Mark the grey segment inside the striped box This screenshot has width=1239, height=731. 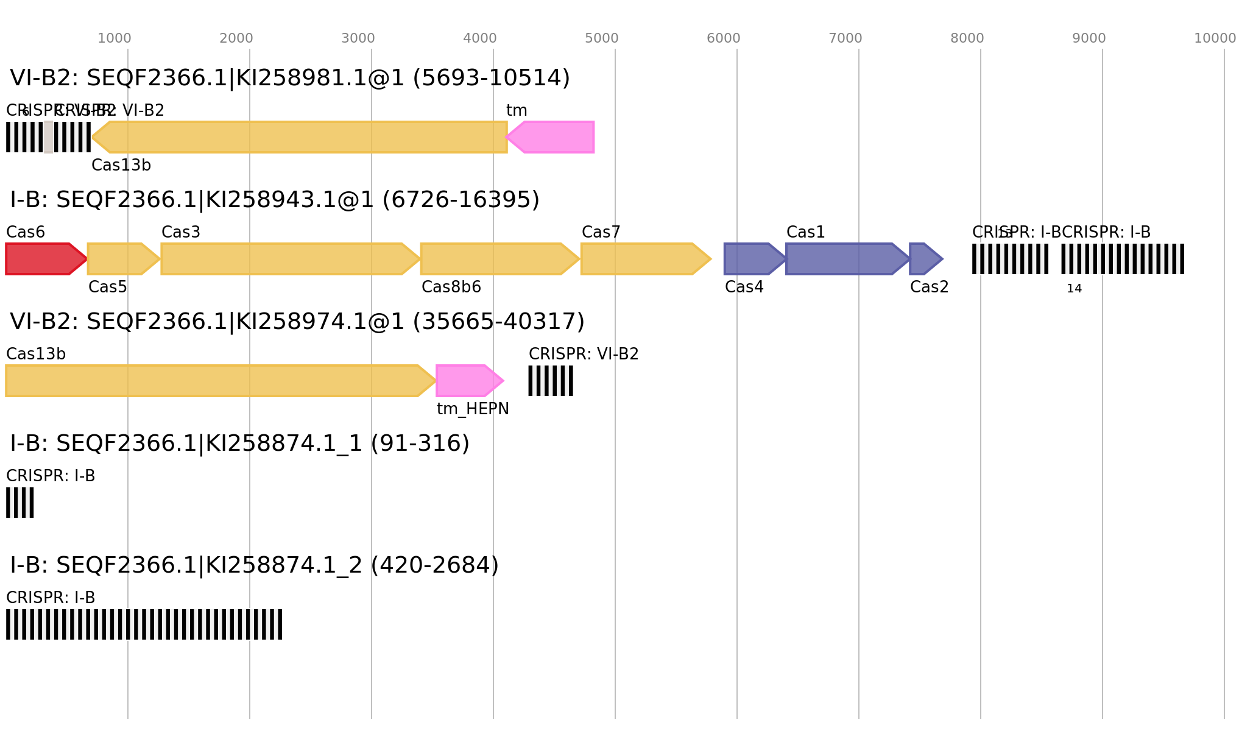(x=48, y=137)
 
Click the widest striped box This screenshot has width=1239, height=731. (x=144, y=624)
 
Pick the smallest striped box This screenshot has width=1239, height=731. (x=20, y=503)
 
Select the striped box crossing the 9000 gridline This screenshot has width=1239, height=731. (x=1122, y=259)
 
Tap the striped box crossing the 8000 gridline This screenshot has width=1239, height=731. (x=1010, y=259)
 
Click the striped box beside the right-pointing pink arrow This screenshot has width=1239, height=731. (x=550, y=381)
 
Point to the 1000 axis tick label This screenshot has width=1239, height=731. (x=115, y=38)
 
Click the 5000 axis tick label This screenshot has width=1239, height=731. (x=601, y=38)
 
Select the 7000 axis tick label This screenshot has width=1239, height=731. (x=845, y=38)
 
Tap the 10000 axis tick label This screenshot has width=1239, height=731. (x=1214, y=38)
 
